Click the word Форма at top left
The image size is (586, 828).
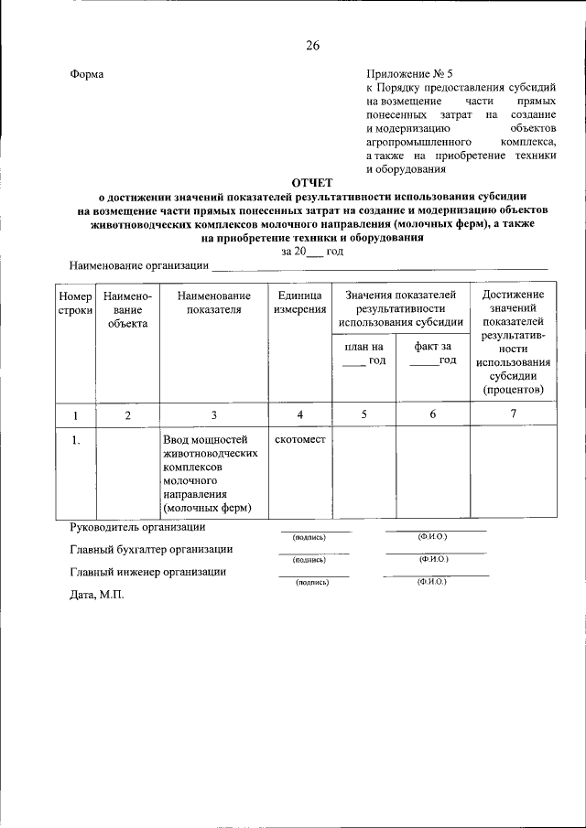pos(87,74)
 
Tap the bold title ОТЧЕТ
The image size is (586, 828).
pos(312,183)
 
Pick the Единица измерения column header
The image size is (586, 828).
pos(299,303)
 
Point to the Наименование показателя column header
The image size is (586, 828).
pos(214,303)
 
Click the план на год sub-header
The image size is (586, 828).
pos(364,353)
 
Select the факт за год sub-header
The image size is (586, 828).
pos(433,353)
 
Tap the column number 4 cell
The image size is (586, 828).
pos(299,414)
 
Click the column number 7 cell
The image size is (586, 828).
pos(513,414)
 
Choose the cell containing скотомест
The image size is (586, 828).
pos(299,440)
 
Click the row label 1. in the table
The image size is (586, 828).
pos(76,440)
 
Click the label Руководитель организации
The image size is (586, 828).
pos(137,527)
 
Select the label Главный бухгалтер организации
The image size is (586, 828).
pos(150,550)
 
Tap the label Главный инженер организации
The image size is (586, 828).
pos(147,572)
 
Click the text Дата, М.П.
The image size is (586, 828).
pos(95,594)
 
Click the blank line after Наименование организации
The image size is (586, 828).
pos(379,267)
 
